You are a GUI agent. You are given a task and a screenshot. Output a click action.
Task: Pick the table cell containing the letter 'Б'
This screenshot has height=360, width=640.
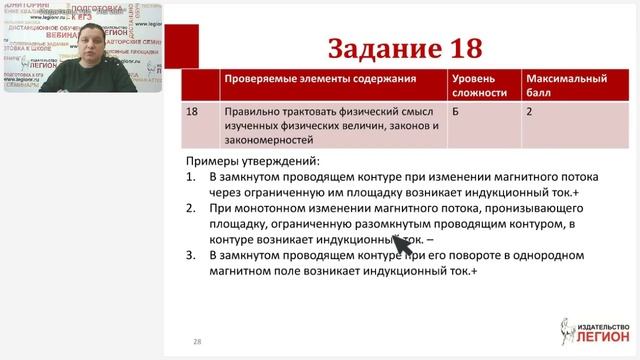pos(457,112)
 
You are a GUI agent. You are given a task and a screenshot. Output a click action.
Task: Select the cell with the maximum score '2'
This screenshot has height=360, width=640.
pos(531,112)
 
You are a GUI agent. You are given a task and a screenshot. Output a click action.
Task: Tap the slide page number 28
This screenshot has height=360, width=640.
pos(197,342)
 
